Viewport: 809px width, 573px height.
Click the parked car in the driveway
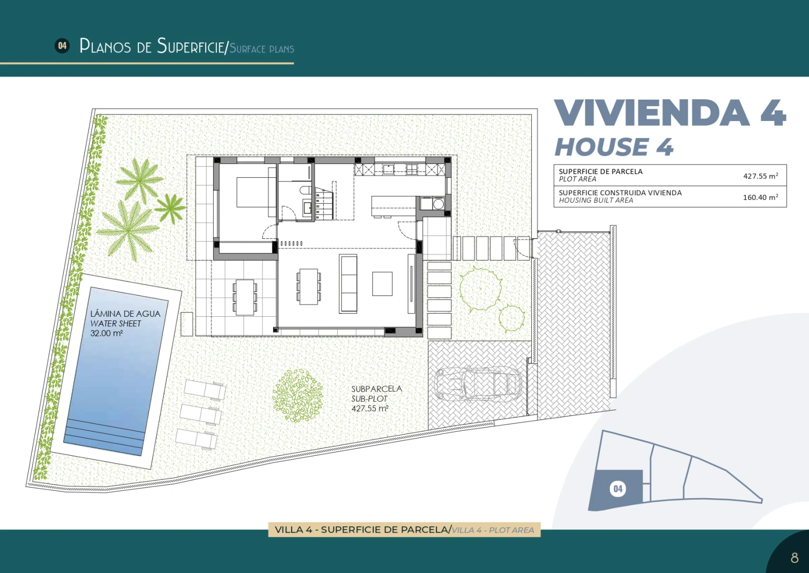tap(478, 383)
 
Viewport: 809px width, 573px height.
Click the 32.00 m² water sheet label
tap(107, 333)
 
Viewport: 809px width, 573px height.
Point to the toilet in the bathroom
tap(305, 190)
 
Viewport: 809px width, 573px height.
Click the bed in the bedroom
tap(256, 192)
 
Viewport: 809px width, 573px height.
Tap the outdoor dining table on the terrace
tap(244, 297)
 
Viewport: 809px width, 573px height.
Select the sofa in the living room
tap(348, 284)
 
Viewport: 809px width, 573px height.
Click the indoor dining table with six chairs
tap(309, 286)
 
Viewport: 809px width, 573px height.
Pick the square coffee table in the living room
tap(382, 284)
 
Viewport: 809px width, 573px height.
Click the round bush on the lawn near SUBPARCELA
tap(297, 395)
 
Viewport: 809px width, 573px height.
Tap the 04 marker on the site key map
tap(618, 489)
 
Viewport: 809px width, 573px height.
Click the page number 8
tap(795, 558)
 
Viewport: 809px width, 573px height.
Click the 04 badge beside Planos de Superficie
tap(62, 46)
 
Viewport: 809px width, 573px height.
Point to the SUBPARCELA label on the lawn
tap(376, 388)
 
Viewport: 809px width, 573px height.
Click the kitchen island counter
tap(393, 206)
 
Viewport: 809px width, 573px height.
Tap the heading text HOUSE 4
tap(614, 147)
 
